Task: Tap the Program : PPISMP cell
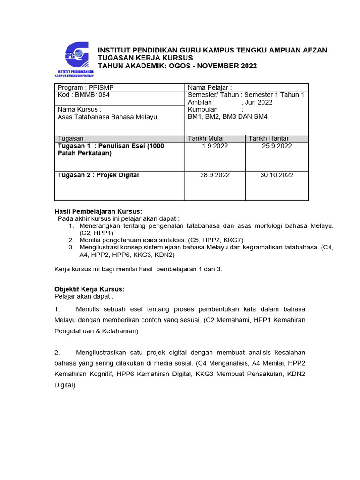point(85,88)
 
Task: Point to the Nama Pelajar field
point(210,88)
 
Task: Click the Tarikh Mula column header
point(205,138)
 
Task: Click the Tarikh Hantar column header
point(269,138)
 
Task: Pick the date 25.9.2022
point(277,146)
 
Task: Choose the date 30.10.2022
point(277,175)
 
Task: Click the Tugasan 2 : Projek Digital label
point(98,175)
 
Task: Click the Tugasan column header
point(70,138)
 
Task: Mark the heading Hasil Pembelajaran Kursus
point(91,211)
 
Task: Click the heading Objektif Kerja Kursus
point(90,289)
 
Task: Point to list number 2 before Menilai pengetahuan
point(71,240)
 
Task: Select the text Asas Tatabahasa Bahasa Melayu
point(107,117)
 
